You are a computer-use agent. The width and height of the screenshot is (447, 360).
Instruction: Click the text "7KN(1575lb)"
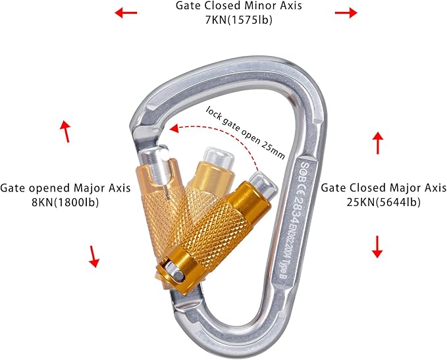coord(239,20)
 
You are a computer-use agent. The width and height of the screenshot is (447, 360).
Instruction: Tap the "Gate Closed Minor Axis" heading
coord(239,7)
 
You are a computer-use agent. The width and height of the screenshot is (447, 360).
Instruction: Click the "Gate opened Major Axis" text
coord(65,188)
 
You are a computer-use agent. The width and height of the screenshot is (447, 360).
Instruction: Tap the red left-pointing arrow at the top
coord(126,13)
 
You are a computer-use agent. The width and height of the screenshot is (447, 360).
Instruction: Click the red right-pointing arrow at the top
coord(345,13)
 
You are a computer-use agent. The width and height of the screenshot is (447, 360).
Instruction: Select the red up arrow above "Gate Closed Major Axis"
coord(378,142)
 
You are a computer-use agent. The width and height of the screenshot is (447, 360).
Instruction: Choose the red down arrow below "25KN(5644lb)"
coord(377,247)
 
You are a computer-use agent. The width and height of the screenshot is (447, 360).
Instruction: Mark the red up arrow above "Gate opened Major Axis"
coord(65,131)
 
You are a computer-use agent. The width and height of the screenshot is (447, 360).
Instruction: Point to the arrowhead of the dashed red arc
coord(173,130)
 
